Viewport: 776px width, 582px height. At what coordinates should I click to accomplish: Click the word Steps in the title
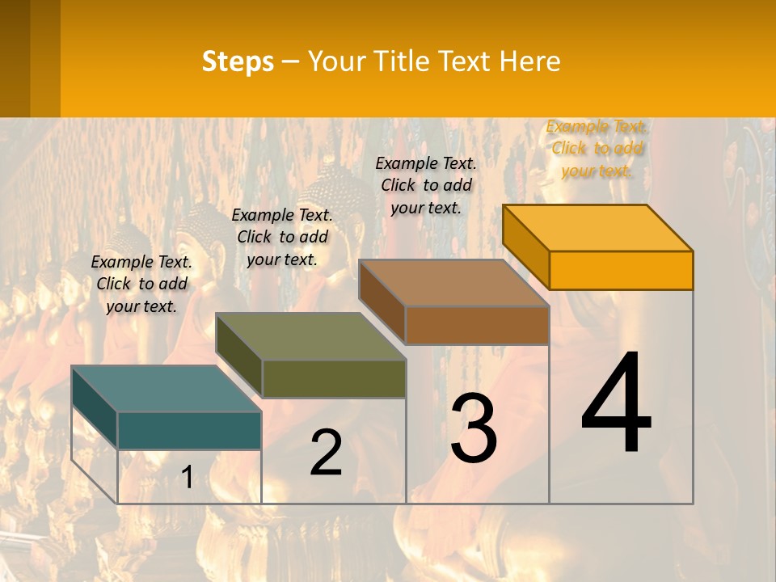click(238, 61)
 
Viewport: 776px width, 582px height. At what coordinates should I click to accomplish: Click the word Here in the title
click(530, 61)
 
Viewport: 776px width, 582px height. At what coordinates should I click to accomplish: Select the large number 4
click(616, 404)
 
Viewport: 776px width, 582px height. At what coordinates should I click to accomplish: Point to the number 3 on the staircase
click(473, 428)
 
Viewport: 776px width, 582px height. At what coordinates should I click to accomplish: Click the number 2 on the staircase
click(326, 453)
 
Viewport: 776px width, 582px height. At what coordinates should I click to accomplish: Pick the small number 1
click(188, 478)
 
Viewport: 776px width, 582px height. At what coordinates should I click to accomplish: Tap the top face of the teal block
click(166, 389)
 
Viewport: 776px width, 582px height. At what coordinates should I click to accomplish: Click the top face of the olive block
click(310, 336)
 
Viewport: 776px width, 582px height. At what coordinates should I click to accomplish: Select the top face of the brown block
click(453, 283)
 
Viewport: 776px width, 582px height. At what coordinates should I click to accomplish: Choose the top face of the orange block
click(597, 228)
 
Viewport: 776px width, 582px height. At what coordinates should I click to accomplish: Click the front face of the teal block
click(189, 430)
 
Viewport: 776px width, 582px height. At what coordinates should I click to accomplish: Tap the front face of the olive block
click(334, 378)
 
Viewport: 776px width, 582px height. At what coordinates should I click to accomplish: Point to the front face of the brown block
click(477, 326)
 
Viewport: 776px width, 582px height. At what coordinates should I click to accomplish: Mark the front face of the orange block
click(621, 270)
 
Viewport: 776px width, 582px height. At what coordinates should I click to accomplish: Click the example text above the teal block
click(141, 284)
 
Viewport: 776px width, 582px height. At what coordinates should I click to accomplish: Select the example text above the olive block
click(282, 237)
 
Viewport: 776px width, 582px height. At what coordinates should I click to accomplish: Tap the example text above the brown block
click(426, 185)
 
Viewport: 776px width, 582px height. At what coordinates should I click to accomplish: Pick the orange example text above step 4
click(597, 148)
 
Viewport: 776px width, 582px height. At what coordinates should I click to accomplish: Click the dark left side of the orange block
click(525, 247)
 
